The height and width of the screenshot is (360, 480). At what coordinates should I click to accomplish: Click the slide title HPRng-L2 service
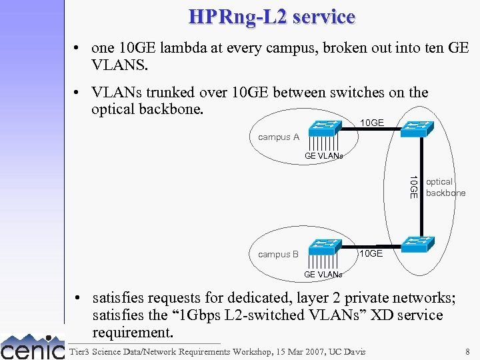[271, 17]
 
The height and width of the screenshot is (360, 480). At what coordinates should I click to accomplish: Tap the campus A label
[279, 137]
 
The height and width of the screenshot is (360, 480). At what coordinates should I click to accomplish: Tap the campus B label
[278, 254]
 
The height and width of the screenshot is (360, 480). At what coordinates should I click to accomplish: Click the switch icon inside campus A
[325, 127]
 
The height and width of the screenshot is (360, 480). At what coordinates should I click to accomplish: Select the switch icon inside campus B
[325, 245]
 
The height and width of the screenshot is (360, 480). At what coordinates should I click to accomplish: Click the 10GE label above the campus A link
[371, 122]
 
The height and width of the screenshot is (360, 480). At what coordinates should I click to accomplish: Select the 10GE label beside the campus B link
[371, 253]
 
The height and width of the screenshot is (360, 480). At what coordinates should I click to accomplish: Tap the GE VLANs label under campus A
[323, 156]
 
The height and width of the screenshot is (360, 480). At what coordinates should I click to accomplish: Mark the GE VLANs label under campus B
[323, 274]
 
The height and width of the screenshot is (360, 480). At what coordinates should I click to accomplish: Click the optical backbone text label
[445, 187]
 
